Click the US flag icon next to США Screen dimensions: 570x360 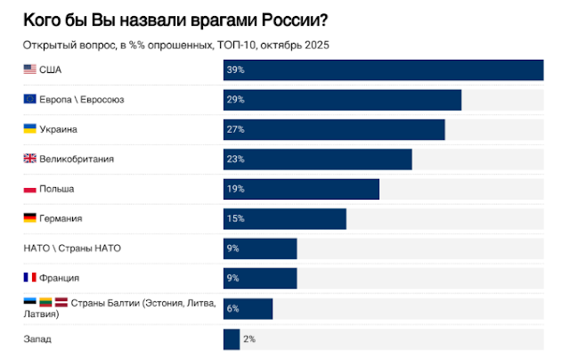(29, 70)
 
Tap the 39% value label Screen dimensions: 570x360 (235, 70)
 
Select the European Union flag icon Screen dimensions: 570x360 (29, 99)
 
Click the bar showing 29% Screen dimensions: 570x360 (342, 100)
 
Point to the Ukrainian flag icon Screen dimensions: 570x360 (29, 128)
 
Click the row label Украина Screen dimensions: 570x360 (58, 129)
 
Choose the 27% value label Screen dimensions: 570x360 (235, 129)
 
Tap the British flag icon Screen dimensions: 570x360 (29, 159)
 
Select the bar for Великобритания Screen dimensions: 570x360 (318, 160)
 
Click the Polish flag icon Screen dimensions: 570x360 (29, 189)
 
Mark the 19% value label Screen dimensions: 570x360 (235, 189)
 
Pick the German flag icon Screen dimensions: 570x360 (29, 217)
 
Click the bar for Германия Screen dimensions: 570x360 (285, 219)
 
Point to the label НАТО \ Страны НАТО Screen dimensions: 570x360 (72, 249)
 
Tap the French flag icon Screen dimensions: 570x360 (29, 277)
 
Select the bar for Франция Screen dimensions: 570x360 (260, 279)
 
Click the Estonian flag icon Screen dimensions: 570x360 (29, 301)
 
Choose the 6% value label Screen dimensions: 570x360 (233, 308)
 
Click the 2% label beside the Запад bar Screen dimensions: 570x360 (249, 340)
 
